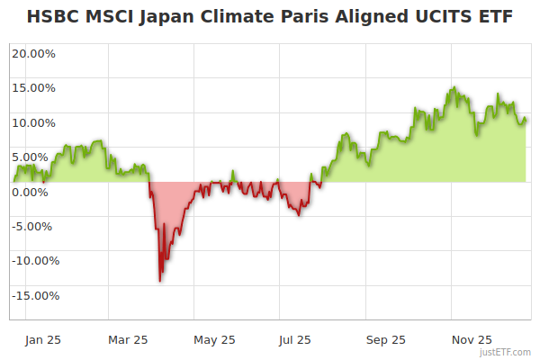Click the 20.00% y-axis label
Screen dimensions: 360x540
[x=33, y=53]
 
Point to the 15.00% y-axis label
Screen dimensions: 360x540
[x=33, y=88]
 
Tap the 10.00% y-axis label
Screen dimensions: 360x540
[x=33, y=122]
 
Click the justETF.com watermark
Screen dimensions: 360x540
[x=506, y=352]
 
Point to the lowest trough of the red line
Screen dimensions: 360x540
[x=160, y=281]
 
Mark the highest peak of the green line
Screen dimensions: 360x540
[x=454, y=87]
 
